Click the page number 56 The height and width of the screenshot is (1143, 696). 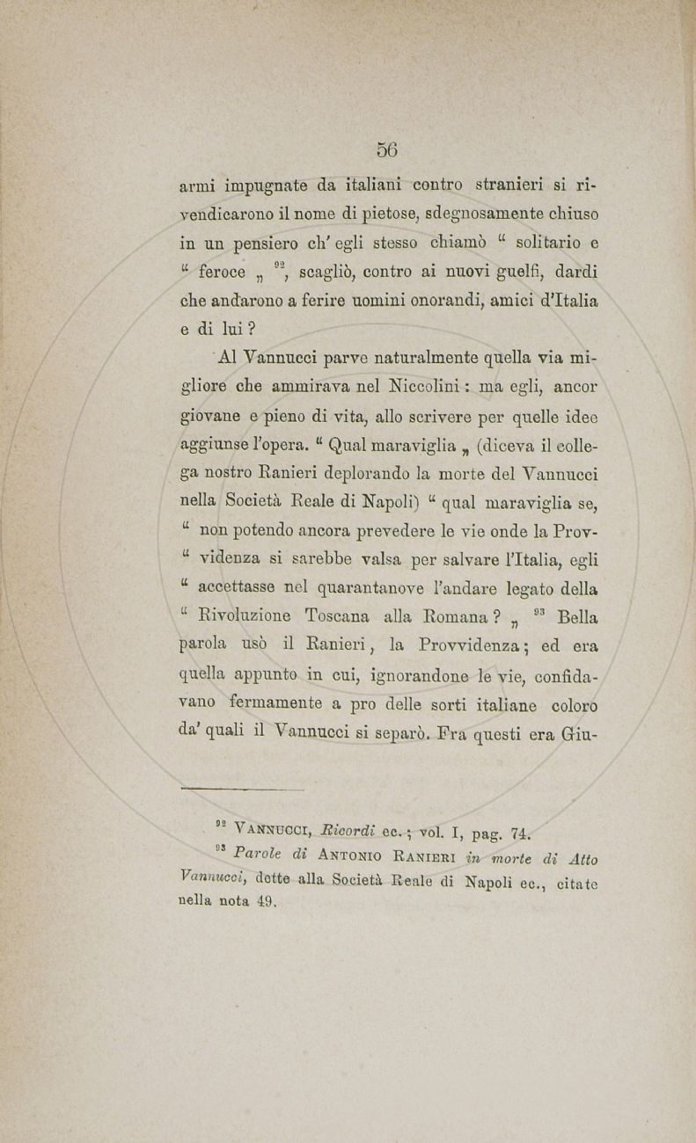click(387, 149)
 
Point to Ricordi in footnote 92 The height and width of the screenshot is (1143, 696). click(348, 827)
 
